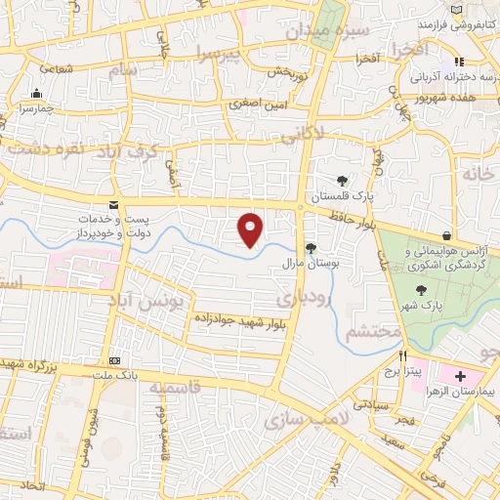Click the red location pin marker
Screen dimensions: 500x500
point(252,229)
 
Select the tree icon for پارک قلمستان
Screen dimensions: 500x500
point(342,180)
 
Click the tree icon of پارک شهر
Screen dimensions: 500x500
point(421,289)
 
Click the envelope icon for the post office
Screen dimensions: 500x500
point(115,203)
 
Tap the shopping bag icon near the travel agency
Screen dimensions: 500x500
point(446,235)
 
